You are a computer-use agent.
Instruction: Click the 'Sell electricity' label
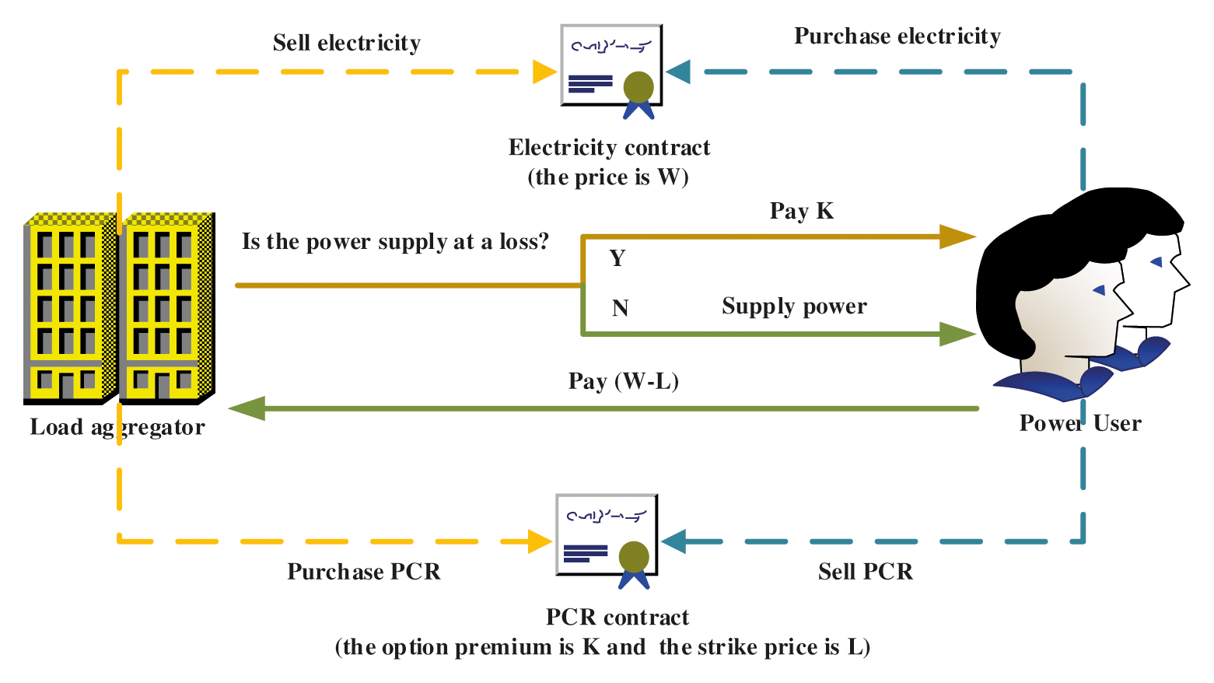pos(346,43)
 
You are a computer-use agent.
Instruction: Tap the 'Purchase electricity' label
pos(897,37)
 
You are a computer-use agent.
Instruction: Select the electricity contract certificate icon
pos(611,68)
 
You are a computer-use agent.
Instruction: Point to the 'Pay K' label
pos(801,211)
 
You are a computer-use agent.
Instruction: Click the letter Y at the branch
pos(617,258)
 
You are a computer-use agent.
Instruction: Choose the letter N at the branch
pos(620,309)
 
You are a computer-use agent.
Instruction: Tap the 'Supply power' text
pos(794,306)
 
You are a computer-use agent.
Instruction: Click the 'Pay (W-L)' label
pos(624,381)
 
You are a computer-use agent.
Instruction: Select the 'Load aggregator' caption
pos(117,427)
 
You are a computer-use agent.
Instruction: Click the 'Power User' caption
pos(1080,423)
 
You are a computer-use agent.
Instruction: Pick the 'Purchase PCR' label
pos(364,572)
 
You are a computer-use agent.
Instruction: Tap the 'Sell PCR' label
pos(866,572)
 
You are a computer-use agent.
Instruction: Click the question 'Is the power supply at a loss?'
pos(395,242)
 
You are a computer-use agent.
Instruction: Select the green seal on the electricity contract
pos(638,87)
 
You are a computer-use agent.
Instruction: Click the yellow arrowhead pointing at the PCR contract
pos(540,541)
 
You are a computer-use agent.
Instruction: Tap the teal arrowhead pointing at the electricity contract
pos(678,72)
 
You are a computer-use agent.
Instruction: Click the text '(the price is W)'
pos(608,177)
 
